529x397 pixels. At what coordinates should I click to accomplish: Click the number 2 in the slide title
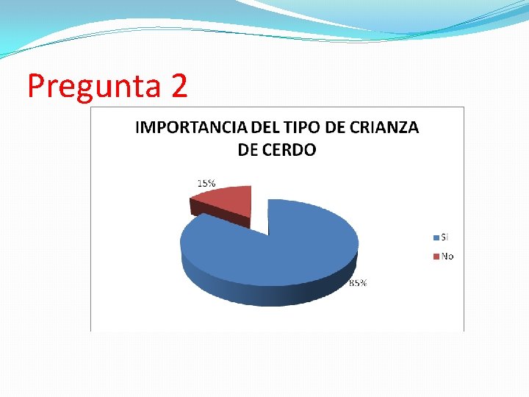(179, 87)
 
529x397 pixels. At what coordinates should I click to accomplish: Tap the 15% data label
(206, 182)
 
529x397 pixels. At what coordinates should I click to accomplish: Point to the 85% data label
(358, 283)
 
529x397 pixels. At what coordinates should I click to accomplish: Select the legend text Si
(445, 237)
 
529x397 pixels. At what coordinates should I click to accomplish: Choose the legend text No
(447, 256)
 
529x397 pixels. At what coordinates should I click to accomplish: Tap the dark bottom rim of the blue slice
(264, 294)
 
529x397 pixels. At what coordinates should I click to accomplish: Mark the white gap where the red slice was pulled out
(259, 221)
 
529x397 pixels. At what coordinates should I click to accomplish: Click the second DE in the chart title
(248, 150)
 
